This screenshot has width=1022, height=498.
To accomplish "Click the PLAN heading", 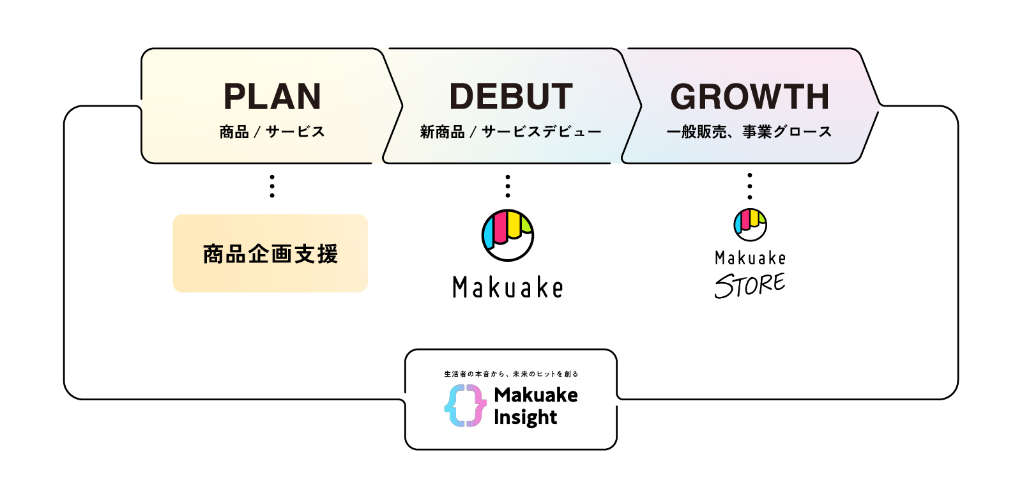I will click(272, 97).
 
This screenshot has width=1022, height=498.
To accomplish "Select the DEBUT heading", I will click(511, 97).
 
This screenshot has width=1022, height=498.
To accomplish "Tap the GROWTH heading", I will click(750, 97).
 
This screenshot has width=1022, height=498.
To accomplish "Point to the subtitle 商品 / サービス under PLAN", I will click(272, 132).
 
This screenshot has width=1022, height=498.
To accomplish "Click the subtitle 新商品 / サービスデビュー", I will click(510, 132).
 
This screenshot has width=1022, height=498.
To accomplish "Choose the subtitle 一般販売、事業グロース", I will click(749, 132).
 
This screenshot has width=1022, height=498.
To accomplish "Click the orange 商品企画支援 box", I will click(270, 253).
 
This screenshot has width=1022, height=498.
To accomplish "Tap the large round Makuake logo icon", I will click(508, 235).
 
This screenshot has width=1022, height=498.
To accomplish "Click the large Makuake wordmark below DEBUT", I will click(508, 287).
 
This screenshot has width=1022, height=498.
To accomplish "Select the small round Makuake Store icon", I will click(750, 224).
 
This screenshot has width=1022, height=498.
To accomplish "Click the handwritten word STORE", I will click(750, 285).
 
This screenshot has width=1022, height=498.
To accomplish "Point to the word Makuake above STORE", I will click(750, 258).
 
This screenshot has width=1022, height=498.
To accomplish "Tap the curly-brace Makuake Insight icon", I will click(465, 405).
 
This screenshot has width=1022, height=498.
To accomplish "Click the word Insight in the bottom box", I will click(525, 418).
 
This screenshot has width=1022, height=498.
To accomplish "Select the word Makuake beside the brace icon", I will click(536, 395).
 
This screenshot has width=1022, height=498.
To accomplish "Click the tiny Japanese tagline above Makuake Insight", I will click(511, 374).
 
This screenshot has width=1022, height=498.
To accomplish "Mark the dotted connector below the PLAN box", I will click(272, 186).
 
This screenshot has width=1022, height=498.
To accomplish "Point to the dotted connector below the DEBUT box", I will click(508, 186).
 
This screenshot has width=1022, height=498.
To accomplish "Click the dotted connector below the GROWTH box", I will click(750, 186).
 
